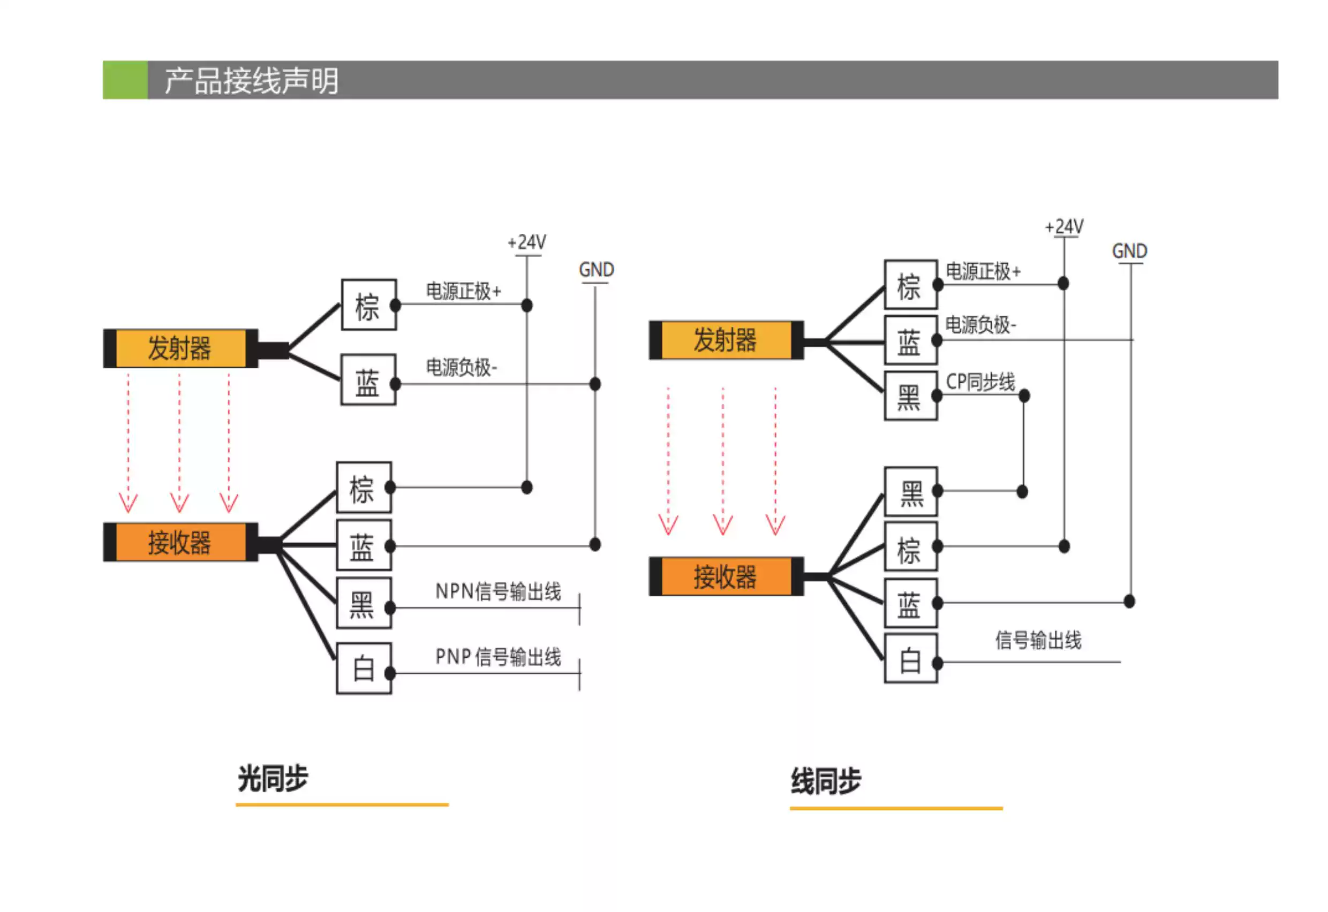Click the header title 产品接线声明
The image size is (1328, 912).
pyautogui.click(x=252, y=81)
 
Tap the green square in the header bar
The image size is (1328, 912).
pyautogui.click(x=125, y=80)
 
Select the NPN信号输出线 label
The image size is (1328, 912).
pyautogui.click(x=498, y=591)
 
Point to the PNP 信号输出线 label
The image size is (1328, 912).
pyautogui.click(x=498, y=657)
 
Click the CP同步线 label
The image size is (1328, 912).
pyautogui.click(x=980, y=381)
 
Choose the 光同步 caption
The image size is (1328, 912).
pyautogui.click(x=273, y=778)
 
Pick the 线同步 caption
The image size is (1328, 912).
pyautogui.click(x=826, y=781)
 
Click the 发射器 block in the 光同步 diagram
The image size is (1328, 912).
pyautogui.click(x=180, y=348)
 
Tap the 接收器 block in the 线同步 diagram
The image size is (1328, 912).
pyautogui.click(x=726, y=576)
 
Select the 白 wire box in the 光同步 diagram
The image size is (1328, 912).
pyautogui.click(x=364, y=668)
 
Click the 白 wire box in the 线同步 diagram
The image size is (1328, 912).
pyautogui.click(x=911, y=658)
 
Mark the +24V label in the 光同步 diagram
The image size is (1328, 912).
pyautogui.click(x=527, y=242)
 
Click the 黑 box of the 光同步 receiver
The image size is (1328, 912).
pyautogui.click(x=364, y=603)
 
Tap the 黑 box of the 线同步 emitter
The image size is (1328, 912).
pyautogui.click(x=911, y=396)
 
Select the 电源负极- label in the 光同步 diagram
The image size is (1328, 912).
pyautogui.click(x=462, y=367)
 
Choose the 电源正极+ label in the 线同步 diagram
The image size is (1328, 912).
pyautogui.click(x=983, y=271)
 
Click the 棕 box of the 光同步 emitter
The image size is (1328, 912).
pyautogui.click(x=369, y=305)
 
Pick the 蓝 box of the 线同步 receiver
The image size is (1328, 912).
pyautogui.click(x=911, y=603)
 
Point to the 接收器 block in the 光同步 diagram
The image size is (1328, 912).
pyautogui.click(x=180, y=542)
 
